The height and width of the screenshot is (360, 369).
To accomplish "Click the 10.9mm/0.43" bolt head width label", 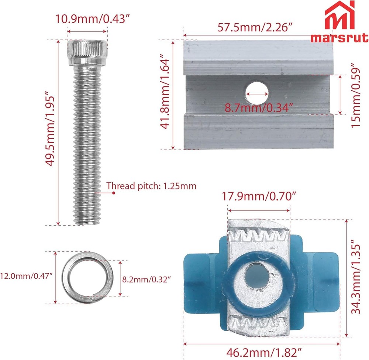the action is [93, 19].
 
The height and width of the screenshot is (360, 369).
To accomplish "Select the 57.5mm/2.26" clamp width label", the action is [255, 27].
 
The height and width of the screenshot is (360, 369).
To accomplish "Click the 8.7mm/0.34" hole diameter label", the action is [259, 108].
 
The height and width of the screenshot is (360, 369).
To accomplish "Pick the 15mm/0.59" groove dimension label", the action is [355, 95].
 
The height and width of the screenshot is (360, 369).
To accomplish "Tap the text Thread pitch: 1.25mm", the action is [151, 186].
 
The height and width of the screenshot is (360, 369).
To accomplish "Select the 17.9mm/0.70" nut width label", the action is [259, 196].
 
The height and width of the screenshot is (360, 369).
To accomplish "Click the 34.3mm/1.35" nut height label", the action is [356, 277].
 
